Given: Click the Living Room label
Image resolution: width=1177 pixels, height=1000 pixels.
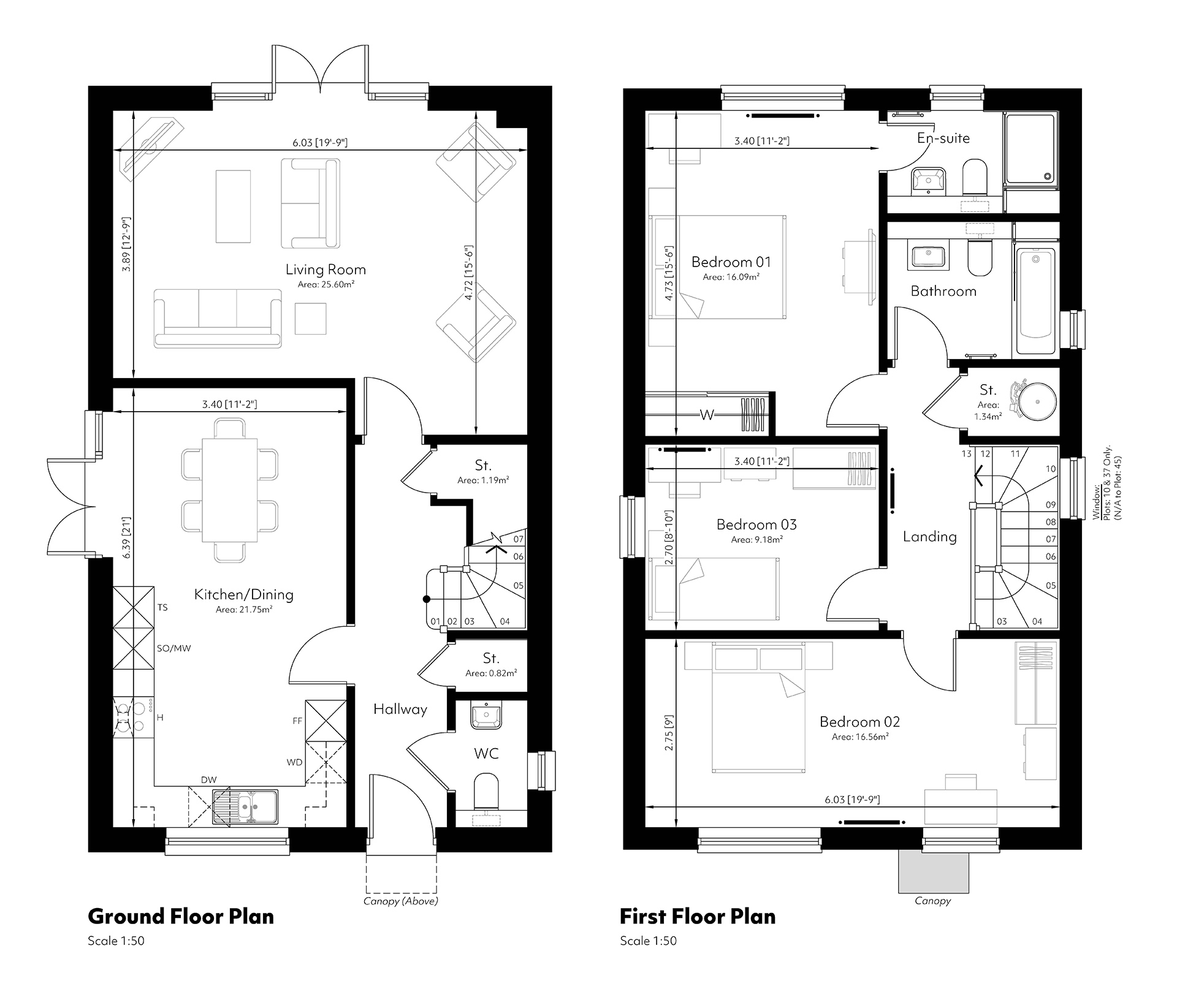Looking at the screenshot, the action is [326, 269].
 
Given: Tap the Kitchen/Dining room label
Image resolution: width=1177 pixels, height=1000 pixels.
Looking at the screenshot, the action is [244, 594].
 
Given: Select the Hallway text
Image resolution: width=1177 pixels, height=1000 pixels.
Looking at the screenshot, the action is [400, 709].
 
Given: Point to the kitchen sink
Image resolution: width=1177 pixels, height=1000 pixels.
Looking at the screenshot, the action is [245, 806].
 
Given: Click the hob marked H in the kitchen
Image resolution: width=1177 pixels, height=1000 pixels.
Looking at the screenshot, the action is [133, 718].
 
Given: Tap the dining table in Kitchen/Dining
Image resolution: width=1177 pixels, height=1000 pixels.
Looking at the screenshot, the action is [230, 490].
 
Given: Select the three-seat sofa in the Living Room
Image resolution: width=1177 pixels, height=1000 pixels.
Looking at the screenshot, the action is [218, 319].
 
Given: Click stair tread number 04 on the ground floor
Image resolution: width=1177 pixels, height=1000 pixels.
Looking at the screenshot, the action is [505, 621].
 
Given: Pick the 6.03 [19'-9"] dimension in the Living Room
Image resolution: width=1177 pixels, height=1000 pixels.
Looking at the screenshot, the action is [320, 143].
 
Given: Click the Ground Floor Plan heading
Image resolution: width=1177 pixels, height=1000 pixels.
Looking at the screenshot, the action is [181, 917].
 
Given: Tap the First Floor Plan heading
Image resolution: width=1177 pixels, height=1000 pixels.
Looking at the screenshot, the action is [698, 917].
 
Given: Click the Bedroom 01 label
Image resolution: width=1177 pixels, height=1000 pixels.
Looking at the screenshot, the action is [731, 262].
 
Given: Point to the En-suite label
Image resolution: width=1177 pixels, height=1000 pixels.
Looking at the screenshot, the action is [943, 138].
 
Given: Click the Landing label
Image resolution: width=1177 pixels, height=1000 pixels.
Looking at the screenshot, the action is [930, 537].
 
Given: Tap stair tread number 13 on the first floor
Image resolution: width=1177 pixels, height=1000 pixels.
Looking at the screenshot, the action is [967, 454].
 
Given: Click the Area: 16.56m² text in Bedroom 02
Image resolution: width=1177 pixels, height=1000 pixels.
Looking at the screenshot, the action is [860, 737].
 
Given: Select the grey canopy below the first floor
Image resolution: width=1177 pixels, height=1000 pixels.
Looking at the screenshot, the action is [934, 871].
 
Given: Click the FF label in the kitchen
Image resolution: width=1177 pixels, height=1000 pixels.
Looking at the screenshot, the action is [297, 721].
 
